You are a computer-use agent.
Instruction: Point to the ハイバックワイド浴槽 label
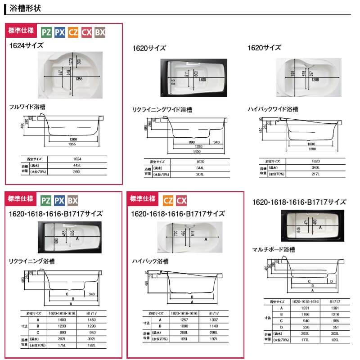tap(273, 109)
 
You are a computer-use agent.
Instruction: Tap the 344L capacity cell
tap(200, 168)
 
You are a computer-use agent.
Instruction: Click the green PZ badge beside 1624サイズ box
tap(46, 32)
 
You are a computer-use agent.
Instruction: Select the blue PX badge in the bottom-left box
tap(59, 201)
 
